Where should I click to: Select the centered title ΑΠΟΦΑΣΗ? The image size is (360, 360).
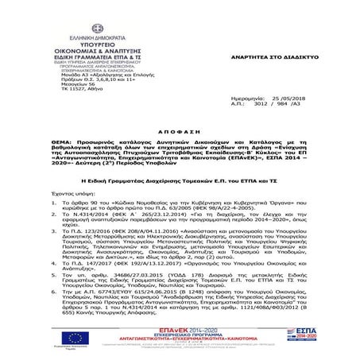pyautogui.click(x=180, y=126)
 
